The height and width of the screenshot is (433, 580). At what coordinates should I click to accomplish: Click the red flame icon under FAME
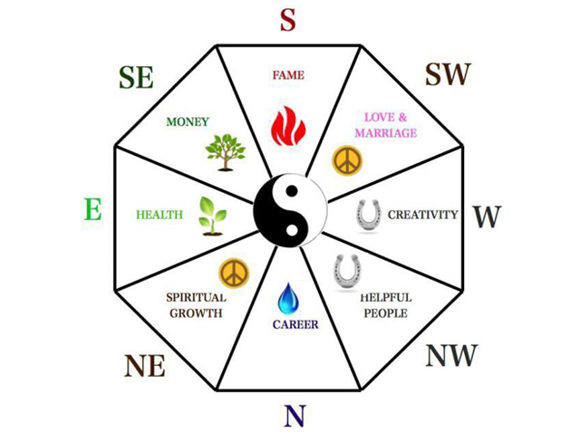point(288,126)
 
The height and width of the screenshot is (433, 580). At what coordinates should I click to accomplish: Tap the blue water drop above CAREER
point(288,298)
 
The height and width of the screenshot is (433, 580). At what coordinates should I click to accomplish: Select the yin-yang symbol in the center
point(290,210)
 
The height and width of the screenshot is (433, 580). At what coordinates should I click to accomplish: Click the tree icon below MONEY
point(226,152)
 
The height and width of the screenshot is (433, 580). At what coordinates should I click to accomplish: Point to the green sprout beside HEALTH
point(212,216)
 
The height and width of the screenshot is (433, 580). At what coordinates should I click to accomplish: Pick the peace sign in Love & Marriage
point(347,161)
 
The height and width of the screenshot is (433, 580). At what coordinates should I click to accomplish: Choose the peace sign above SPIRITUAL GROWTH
point(234,274)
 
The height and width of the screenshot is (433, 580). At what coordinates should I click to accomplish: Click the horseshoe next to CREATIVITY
point(369,216)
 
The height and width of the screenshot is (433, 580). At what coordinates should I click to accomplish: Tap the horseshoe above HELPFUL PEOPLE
point(347,272)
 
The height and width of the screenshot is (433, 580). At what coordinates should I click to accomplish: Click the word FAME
point(288,75)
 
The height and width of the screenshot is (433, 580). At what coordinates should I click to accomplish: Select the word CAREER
point(295,324)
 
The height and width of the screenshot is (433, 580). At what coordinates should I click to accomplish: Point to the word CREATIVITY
point(423,215)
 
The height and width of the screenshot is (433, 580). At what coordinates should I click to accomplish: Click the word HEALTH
point(159,215)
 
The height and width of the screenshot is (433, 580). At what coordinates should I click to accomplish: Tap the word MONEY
point(188,121)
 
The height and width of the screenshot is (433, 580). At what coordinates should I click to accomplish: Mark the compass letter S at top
point(288,20)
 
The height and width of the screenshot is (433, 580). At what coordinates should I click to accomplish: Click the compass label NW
point(451,355)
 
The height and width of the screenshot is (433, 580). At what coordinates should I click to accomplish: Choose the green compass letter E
point(92,209)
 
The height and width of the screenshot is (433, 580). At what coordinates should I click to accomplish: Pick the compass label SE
point(136,77)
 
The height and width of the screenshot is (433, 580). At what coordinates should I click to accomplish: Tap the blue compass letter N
point(295,415)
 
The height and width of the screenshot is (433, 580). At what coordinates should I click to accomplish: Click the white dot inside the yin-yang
point(292,229)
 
